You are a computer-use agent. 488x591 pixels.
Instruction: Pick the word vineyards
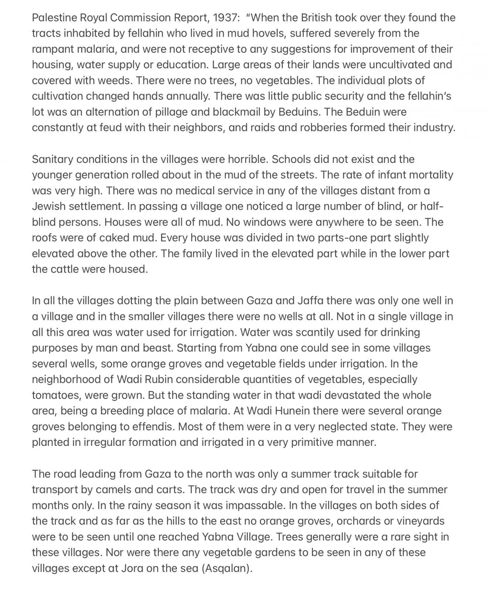pos(420,521)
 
